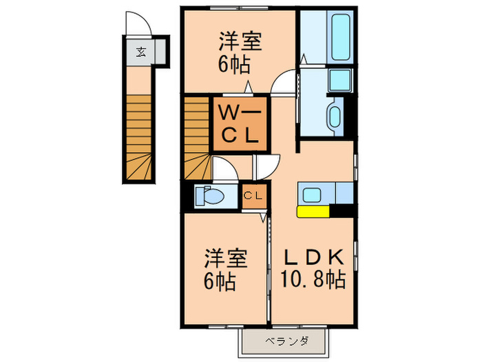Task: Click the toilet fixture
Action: (x=210, y=196)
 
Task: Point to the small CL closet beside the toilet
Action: (x=252, y=196)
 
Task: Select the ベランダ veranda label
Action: (x=286, y=340)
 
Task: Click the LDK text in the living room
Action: (x=314, y=257)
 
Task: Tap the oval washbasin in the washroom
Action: (x=335, y=115)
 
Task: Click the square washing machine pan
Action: (x=339, y=80)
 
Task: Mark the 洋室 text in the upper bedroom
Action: (x=240, y=42)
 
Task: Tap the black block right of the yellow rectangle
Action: (x=346, y=212)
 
